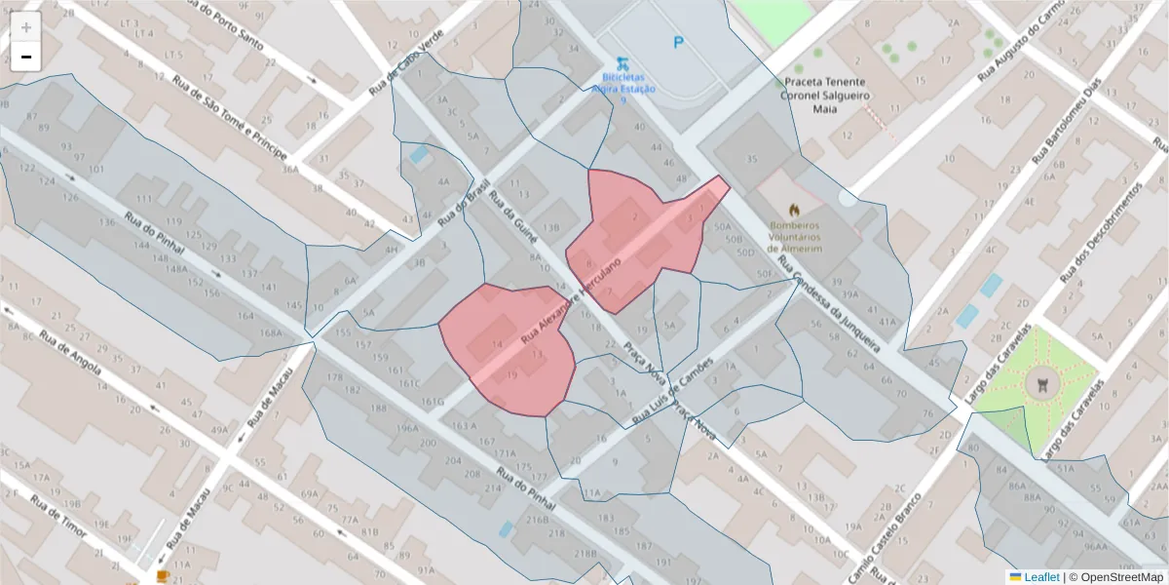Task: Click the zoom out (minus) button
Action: pos(26,57)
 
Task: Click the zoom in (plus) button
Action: pos(26,27)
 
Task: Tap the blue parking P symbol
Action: pos(678,42)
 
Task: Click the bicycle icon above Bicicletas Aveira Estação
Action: pos(622,60)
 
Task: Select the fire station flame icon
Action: pos(795,209)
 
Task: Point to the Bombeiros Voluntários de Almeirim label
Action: pos(795,235)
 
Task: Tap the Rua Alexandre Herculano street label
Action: pos(571,303)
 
